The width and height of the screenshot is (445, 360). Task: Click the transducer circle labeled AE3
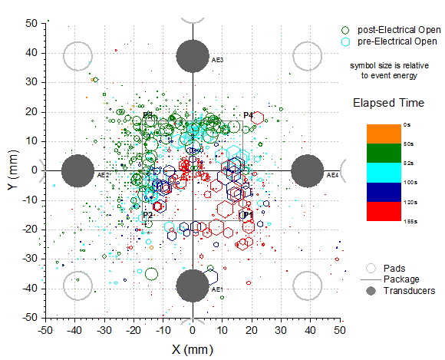(193, 54)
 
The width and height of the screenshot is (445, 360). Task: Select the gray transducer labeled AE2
(77, 170)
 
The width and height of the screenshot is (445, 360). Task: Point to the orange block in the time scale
(383, 133)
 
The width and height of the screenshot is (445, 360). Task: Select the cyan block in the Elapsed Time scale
(383, 172)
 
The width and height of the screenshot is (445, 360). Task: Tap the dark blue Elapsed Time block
(383, 192)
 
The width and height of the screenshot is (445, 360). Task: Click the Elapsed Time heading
(388, 102)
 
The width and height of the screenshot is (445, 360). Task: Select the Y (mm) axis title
(10, 170)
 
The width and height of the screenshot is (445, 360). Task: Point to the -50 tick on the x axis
(46, 329)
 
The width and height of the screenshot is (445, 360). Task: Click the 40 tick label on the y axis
(33, 52)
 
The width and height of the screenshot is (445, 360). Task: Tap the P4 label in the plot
(248, 115)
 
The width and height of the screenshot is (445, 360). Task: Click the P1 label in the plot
(248, 216)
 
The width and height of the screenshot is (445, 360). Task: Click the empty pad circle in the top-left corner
(77, 54)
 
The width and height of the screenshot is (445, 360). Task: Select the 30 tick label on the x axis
(280, 329)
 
